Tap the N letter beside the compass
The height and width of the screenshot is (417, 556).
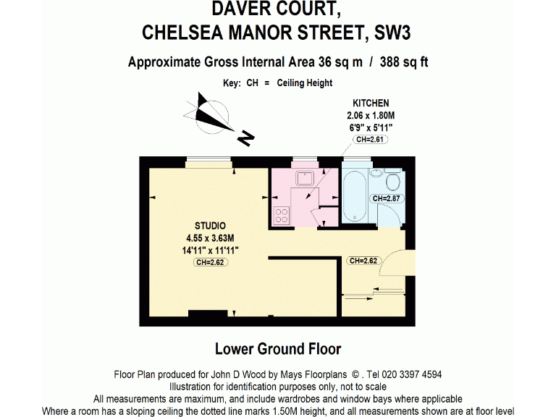pos(248,135)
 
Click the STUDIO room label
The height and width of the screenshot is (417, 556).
pos(210,225)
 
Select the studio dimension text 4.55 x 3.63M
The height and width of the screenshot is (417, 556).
pos(210,237)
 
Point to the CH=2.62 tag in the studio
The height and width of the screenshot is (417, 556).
pos(210,263)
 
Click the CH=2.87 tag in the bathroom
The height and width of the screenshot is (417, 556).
pos(385,198)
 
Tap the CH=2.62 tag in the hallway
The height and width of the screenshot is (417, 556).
pos(362,261)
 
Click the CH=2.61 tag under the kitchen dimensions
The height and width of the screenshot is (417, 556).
pos(370,140)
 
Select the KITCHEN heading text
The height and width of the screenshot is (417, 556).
pos(370,104)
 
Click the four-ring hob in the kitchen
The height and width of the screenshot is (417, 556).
pos(280,215)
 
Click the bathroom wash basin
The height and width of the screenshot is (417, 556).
pos(376,174)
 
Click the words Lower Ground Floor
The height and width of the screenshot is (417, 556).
pos(278,349)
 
